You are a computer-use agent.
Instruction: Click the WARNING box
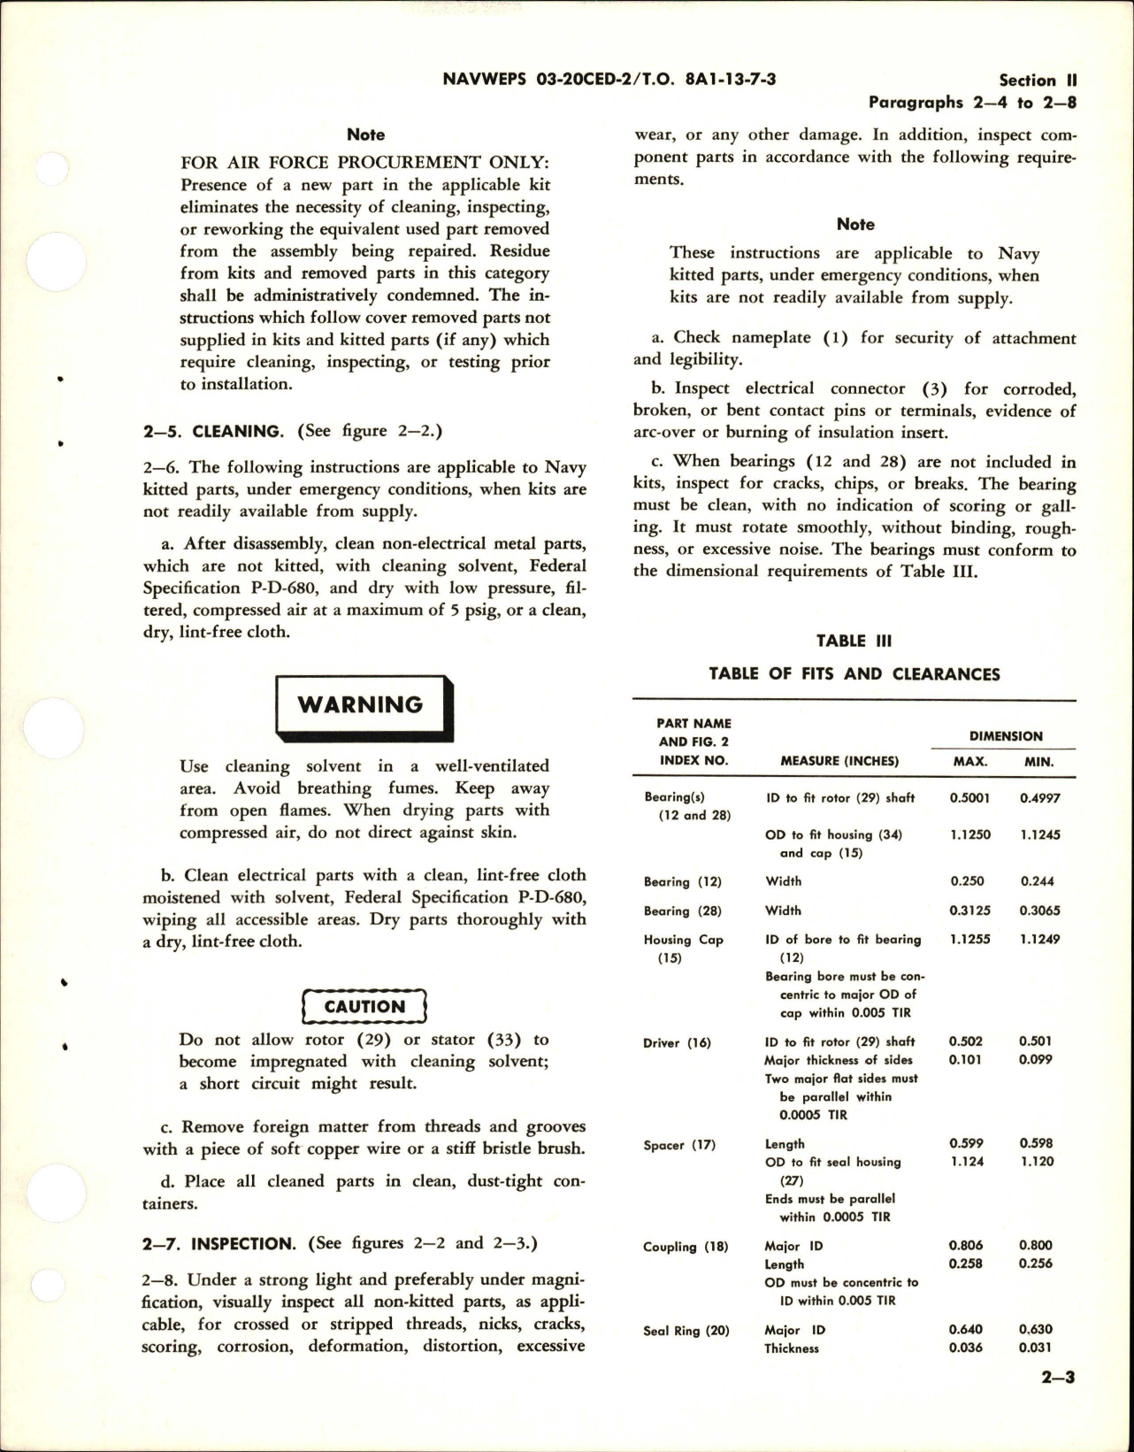tap(364, 705)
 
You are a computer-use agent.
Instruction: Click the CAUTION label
tap(364, 1007)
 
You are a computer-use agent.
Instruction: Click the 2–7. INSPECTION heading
tap(218, 1243)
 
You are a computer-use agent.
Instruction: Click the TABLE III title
tap(854, 641)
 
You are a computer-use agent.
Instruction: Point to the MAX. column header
tap(969, 761)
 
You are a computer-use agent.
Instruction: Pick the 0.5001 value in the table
tap(969, 798)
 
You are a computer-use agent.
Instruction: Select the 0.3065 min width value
tap(1039, 910)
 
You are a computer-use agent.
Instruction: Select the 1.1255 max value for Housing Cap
tap(969, 940)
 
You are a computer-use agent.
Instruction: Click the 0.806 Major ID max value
tap(965, 1246)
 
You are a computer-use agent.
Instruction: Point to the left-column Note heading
tap(365, 134)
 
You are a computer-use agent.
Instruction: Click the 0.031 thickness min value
tap(1036, 1348)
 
